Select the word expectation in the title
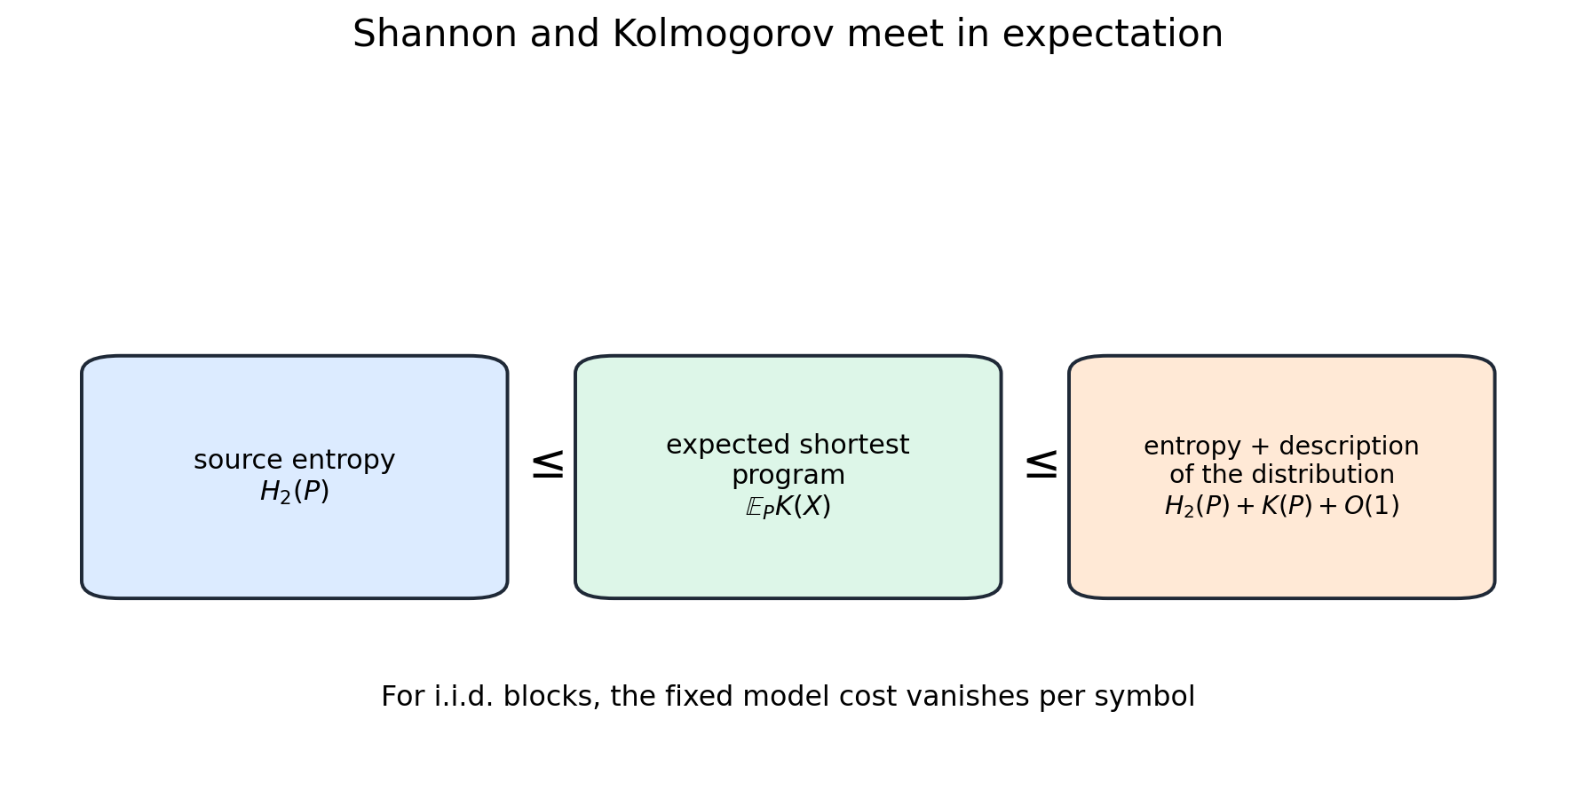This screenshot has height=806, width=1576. point(1113,36)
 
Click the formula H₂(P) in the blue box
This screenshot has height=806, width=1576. point(295,492)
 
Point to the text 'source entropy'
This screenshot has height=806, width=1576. point(295,461)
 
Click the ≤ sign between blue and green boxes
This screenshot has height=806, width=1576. point(547,465)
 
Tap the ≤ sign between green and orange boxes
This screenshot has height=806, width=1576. point(1041,465)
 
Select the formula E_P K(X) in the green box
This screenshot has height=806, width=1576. point(788,507)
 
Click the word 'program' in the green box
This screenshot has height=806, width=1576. point(788,477)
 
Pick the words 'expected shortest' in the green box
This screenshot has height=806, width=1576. point(788,446)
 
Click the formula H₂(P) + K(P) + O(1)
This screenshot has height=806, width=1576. point(1282,506)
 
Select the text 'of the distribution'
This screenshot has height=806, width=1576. point(1282,476)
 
